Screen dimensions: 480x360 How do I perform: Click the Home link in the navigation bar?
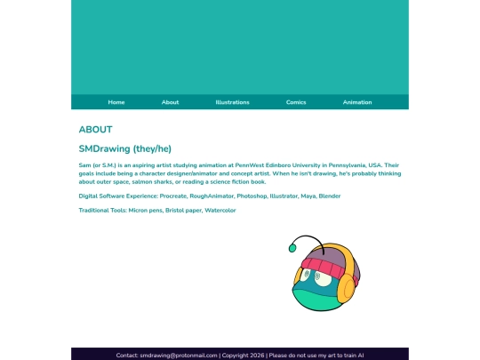coord(116,102)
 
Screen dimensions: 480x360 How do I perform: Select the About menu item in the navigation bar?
coord(170,102)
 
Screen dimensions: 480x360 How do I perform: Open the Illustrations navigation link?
coord(232,102)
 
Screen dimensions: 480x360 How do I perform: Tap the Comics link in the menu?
coord(296,102)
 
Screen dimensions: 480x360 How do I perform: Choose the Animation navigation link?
coord(357,102)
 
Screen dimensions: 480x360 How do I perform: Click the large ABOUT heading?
coord(95,130)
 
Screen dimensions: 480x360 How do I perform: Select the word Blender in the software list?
coord(330,196)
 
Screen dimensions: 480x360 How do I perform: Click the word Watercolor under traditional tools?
coord(220,211)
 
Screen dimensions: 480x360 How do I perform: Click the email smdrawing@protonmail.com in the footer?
coord(179,355)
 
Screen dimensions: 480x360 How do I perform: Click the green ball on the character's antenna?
coord(292,247)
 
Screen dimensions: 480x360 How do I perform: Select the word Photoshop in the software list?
coord(252,196)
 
